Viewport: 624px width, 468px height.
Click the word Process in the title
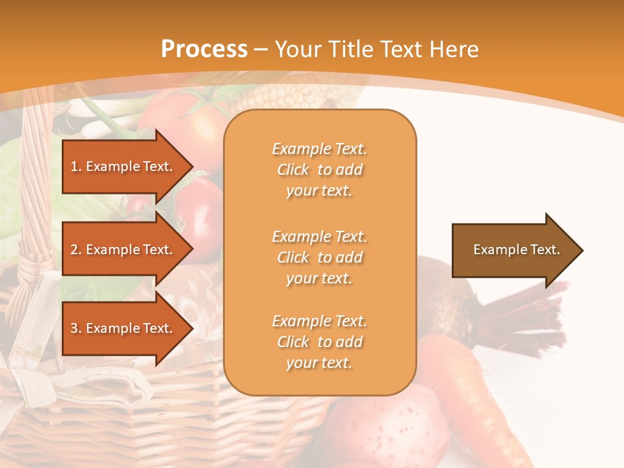pos(204,49)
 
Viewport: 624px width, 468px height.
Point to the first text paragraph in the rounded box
pos(319,170)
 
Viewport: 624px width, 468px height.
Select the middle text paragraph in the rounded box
pos(319,257)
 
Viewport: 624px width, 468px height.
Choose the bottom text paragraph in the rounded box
pos(319,342)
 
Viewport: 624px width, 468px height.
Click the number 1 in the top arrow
pos(74,166)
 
